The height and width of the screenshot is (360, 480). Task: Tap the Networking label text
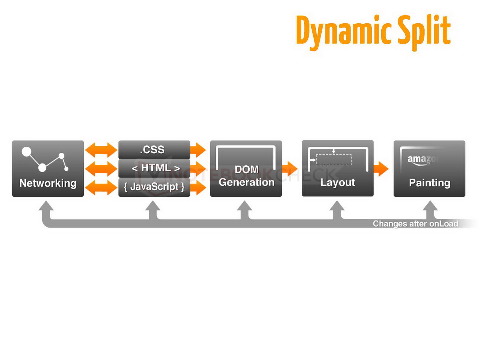click(48, 183)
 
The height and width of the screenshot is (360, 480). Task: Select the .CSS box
click(154, 149)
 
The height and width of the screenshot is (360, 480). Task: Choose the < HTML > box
click(154, 168)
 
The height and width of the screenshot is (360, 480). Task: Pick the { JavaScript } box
click(154, 187)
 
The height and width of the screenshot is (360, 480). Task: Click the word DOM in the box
click(247, 169)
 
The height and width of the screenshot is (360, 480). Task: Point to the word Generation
click(247, 182)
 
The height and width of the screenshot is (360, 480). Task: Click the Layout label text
click(337, 182)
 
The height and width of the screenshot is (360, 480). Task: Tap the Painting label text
click(430, 183)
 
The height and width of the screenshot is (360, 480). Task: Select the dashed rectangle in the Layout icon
click(334, 160)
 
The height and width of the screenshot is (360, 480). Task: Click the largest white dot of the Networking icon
click(26, 151)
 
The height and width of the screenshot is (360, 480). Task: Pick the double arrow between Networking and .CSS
click(101, 149)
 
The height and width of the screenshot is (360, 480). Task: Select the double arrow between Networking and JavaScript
click(101, 188)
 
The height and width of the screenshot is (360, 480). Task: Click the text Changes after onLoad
click(415, 224)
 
